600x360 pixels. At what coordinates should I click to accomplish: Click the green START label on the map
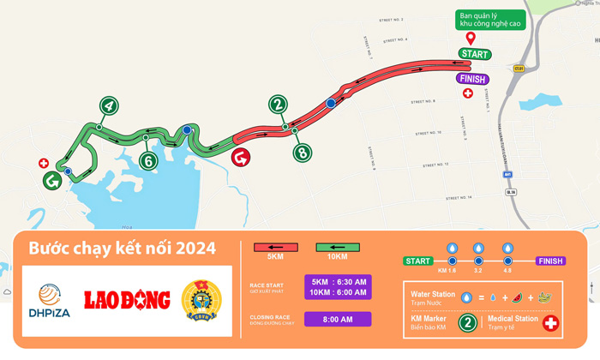[x=474, y=54]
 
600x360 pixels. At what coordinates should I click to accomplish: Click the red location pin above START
[x=470, y=37]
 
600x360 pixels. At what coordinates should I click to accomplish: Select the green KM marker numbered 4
[x=108, y=106]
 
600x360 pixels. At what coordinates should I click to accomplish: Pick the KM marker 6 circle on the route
[x=148, y=160]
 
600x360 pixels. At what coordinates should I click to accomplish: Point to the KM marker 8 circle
[x=303, y=153]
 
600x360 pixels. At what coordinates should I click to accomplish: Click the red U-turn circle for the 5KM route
[x=243, y=159]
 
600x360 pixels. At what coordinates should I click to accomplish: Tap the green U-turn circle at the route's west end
[x=52, y=181]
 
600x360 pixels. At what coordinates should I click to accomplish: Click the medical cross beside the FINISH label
[x=467, y=93]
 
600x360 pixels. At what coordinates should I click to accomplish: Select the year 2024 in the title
[x=195, y=249]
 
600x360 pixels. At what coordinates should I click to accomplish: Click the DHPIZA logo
[x=48, y=301]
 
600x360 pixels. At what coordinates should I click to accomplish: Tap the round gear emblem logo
[x=201, y=301]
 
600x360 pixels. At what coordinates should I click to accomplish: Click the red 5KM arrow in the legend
[x=276, y=247]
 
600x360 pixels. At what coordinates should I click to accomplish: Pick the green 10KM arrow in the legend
[x=338, y=247]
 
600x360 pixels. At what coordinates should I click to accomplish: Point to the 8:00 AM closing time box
[x=338, y=319]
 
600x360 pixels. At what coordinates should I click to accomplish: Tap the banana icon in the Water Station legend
[x=543, y=297]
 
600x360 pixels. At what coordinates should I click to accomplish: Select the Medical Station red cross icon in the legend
[x=552, y=322]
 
